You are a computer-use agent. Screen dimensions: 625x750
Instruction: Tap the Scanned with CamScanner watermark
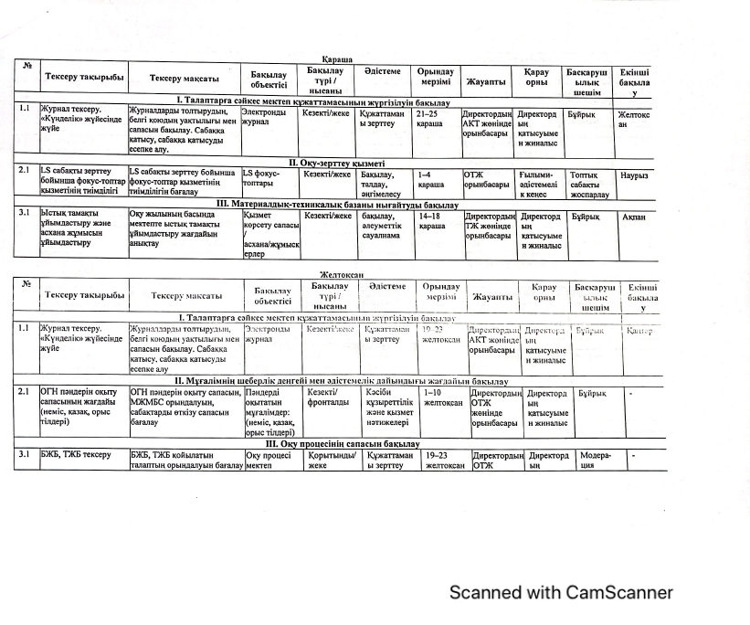click(x=561, y=592)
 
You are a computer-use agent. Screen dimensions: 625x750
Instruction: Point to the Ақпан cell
click(x=633, y=217)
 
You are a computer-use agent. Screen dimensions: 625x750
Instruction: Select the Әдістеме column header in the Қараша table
click(x=382, y=71)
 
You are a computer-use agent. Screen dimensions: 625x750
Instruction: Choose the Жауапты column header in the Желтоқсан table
click(x=491, y=296)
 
